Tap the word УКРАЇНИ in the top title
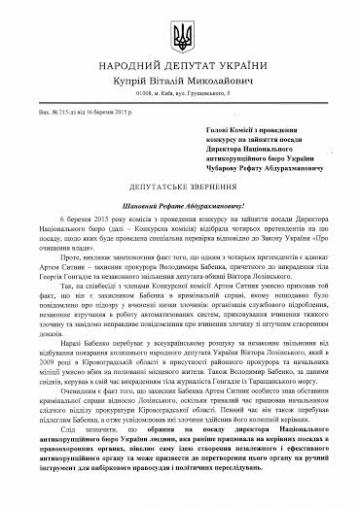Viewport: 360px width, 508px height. (x=261, y=74)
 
